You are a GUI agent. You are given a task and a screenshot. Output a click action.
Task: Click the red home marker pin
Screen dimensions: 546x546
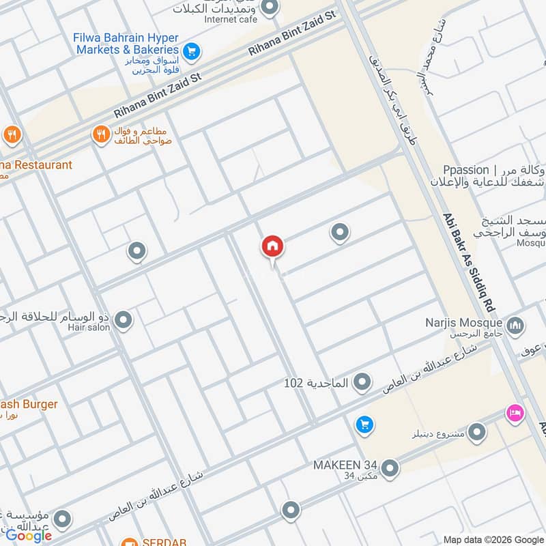[272, 247]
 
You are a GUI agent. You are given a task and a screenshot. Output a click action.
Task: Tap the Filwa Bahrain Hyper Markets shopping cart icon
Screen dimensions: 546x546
[191, 50]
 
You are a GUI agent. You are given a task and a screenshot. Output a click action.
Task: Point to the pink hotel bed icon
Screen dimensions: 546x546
[514, 413]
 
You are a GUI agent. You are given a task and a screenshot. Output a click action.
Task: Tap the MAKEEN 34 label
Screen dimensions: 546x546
[345, 465]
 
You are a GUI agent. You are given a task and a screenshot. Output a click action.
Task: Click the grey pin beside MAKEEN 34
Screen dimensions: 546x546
[390, 468]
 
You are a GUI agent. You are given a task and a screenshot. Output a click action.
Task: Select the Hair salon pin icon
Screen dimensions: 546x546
[124, 319]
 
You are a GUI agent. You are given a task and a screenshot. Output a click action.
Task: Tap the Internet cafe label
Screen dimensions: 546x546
[231, 19]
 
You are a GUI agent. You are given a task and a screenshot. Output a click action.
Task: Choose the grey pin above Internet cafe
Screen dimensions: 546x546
[270, 8]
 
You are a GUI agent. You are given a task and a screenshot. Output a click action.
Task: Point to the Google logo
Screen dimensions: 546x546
[29, 536]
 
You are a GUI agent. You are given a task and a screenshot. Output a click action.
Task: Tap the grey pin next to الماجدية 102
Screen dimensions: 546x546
[363, 382]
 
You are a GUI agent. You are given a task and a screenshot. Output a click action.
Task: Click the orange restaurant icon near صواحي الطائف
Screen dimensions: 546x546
[102, 135]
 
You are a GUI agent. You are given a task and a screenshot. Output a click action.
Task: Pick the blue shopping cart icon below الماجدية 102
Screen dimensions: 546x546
[364, 425]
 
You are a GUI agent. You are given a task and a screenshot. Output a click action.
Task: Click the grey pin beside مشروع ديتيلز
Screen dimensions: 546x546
[476, 431]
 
